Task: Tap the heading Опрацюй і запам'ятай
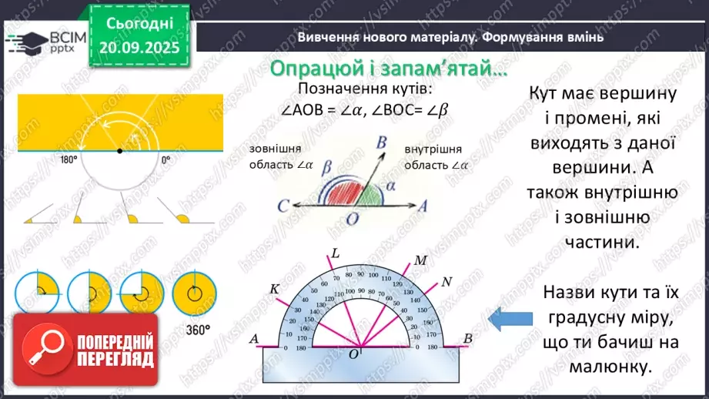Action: (x=389, y=69)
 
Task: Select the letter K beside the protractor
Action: (x=273, y=288)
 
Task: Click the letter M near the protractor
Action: (x=420, y=260)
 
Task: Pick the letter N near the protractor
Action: (x=447, y=280)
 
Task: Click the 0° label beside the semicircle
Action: (x=166, y=160)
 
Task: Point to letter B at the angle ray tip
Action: (x=381, y=141)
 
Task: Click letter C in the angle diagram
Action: (x=284, y=206)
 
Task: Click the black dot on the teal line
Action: (x=119, y=150)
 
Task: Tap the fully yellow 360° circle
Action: (x=194, y=292)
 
